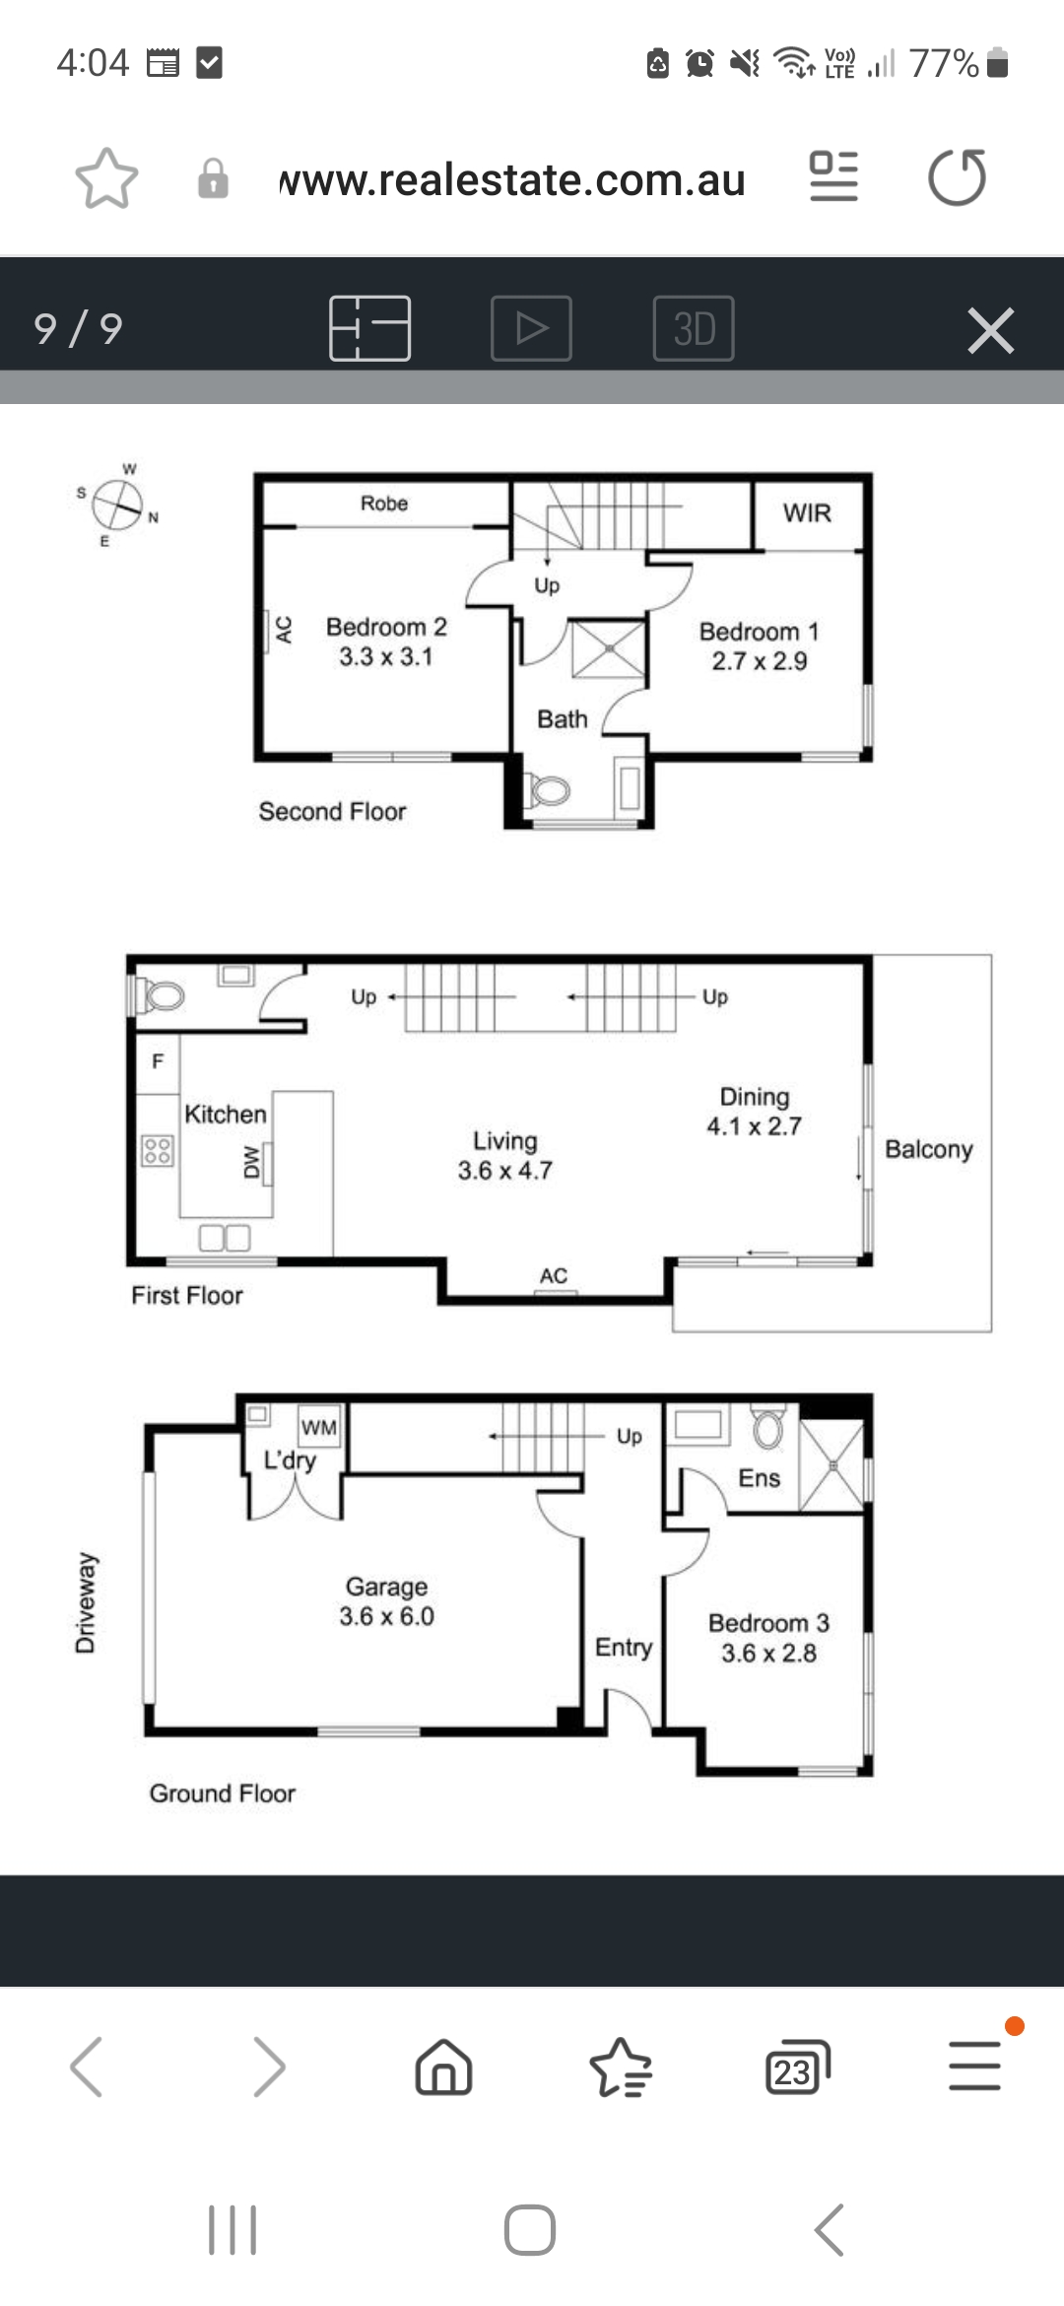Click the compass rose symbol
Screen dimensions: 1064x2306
coord(118,505)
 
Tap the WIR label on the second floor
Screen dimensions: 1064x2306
coord(807,512)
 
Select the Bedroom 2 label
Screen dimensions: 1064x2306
coord(386,627)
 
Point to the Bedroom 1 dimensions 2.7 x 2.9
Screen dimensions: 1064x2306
coord(760,661)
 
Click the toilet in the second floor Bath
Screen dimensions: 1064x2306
coord(550,790)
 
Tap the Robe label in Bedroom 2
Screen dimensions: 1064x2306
coord(384,504)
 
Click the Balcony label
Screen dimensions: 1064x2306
coord(929,1149)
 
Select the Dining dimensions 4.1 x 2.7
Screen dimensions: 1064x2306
coord(755,1126)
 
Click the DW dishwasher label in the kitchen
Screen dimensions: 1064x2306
coord(252,1163)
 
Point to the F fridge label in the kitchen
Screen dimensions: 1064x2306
coord(158,1061)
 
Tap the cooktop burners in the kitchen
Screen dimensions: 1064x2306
coord(158,1150)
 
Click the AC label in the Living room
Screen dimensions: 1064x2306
coord(554,1275)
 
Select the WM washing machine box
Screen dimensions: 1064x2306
coord(319,1427)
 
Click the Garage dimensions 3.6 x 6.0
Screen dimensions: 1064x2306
coord(387,1616)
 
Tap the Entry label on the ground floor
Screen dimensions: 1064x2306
coord(624,1648)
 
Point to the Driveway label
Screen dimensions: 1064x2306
coord(87,1602)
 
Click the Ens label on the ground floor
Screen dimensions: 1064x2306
coord(759,1478)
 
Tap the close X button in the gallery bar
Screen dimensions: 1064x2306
coord(991,330)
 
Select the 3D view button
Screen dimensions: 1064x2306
coord(694,328)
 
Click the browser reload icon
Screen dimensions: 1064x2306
coord(957,177)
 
